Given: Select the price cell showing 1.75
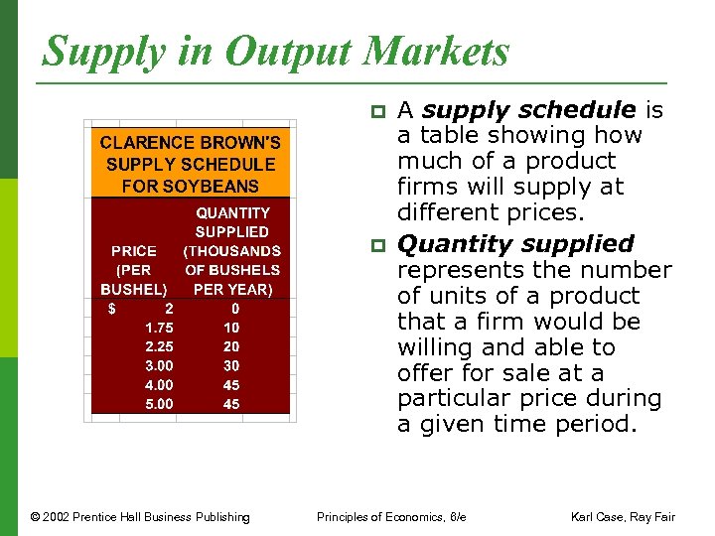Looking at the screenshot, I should click(x=160, y=328).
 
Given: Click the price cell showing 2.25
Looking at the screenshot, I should click(x=160, y=346).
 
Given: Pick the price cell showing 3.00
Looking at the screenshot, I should click(x=160, y=365).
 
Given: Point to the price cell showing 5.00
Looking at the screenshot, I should click(x=160, y=404).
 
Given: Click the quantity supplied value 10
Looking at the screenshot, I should click(x=231, y=328).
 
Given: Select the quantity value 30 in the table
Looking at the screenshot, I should click(x=231, y=365).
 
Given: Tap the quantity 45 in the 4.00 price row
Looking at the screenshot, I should click(x=231, y=385).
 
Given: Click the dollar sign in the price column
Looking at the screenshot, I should click(x=112, y=309).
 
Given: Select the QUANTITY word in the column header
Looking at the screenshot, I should click(x=232, y=213).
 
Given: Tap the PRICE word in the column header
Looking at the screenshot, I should click(x=134, y=251).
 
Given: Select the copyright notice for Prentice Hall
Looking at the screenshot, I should click(x=140, y=516).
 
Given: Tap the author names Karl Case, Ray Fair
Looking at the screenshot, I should click(x=622, y=516).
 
